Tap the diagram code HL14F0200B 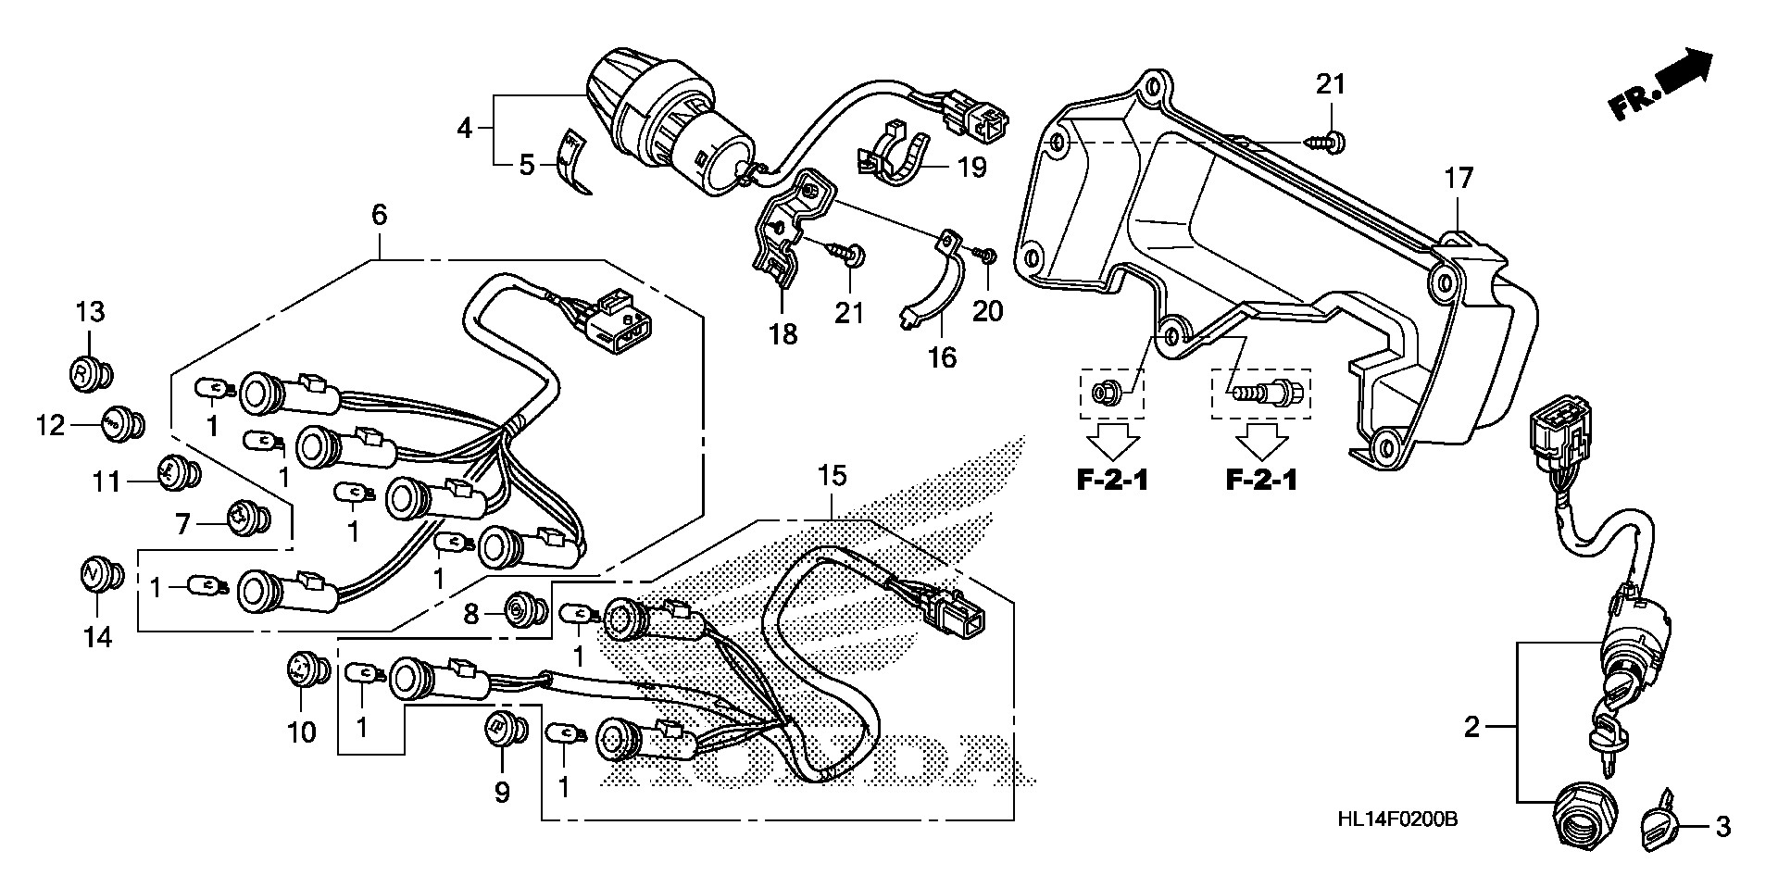1397,819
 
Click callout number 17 1459,178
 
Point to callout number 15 832,477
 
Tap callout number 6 379,216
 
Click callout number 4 464,129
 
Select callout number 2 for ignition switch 1472,728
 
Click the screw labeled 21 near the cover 1330,142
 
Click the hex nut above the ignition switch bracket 1110,394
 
